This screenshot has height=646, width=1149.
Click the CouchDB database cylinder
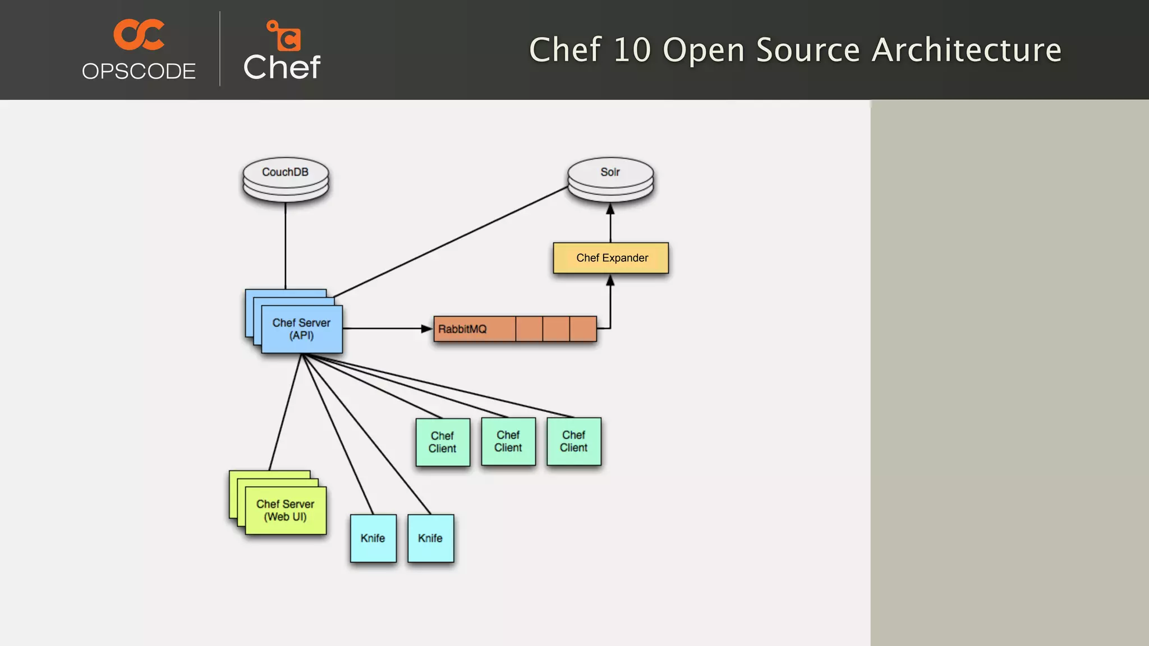(x=286, y=178)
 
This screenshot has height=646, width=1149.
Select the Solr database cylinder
(x=610, y=178)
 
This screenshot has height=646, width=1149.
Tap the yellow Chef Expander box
(x=611, y=258)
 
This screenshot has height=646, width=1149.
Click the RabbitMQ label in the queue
(x=462, y=329)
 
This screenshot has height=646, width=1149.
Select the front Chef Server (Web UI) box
(x=286, y=510)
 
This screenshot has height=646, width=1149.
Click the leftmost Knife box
(x=373, y=538)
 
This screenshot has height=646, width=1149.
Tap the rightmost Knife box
(x=430, y=538)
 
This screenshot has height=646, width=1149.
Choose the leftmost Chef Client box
(x=443, y=442)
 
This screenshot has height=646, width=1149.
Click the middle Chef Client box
(x=508, y=441)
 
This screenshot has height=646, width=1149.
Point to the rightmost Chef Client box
(x=574, y=441)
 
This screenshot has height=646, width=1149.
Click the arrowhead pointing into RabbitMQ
(x=427, y=329)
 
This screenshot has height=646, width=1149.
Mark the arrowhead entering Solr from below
(x=610, y=209)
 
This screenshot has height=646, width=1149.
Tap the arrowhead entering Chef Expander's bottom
(x=610, y=280)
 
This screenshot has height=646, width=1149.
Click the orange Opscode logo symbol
(x=139, y=35)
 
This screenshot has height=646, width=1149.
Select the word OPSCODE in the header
(x=139, y=71)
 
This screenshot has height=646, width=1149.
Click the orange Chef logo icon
(x=284, y=35)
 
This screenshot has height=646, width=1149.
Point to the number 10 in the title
(x=632, y=50)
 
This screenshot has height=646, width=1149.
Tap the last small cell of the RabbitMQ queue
(x=583, y=329)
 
